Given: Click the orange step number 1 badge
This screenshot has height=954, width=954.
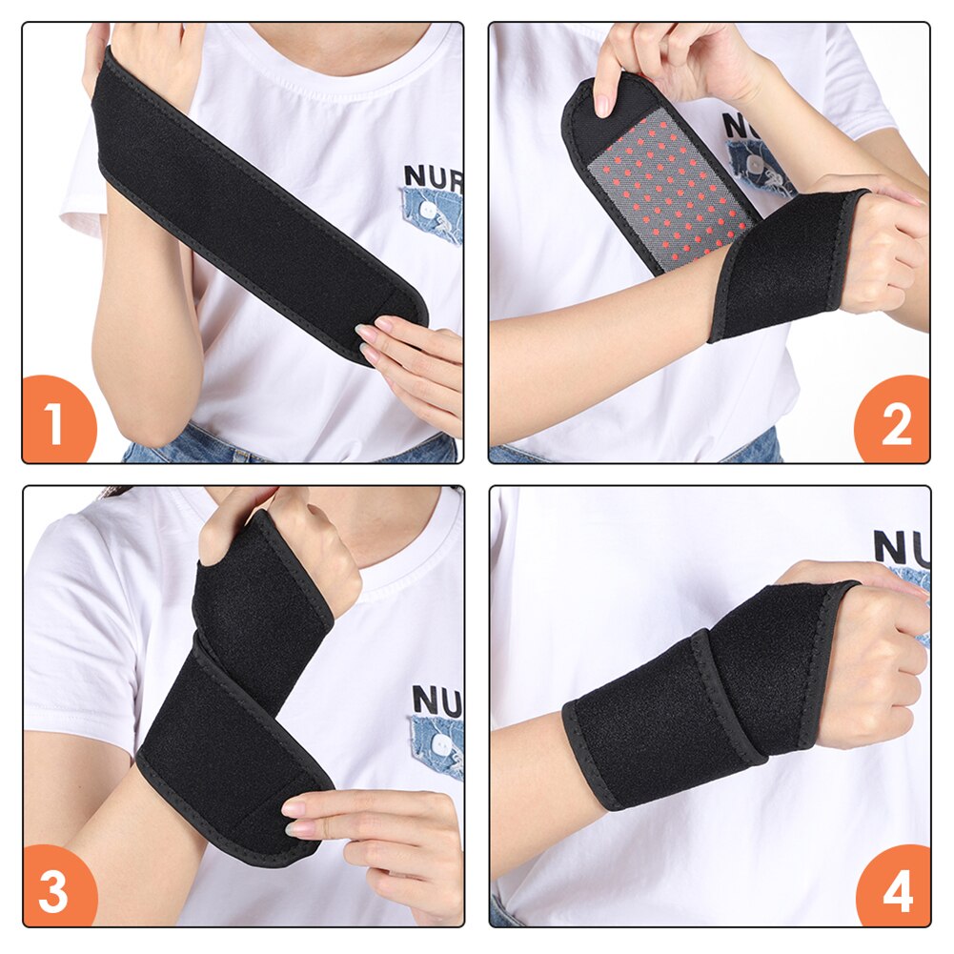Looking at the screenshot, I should (57, 423).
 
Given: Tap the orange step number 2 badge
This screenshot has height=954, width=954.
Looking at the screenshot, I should (894, 423).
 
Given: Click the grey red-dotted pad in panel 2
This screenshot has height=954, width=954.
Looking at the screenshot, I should (670, 187).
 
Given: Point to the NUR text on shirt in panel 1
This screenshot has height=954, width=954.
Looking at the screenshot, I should (432, 176).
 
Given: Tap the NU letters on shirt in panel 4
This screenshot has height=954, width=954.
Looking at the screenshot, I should (901, 548).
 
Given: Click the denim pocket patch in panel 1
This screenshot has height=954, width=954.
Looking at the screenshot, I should (431, 214).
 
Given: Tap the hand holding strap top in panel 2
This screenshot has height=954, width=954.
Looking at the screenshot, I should (658, 62).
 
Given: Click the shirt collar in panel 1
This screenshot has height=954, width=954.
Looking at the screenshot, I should (315, 48).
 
